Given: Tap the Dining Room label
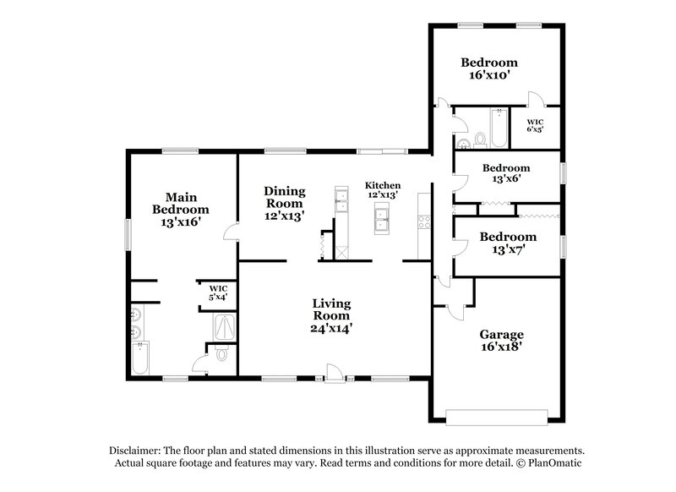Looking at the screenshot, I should pos(284,203).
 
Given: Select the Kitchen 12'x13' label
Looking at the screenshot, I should pos(383,190).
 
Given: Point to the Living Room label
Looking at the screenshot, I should pos(331,314).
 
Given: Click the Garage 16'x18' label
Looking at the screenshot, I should pos(503,342).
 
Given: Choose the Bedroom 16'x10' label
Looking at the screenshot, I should pos(489,68).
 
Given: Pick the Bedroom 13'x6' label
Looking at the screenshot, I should pos(506,173).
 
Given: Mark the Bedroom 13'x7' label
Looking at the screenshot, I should pos(508,243).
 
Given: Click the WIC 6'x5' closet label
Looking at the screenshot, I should pos(535,125).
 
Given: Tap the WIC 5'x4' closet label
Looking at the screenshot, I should pos(218,292).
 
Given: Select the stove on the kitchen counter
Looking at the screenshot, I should pos(424,223).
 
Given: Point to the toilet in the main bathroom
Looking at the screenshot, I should pos(222,355).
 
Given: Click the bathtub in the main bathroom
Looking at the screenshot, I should pos(140,357).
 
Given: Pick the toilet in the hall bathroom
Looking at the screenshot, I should pos(479,137).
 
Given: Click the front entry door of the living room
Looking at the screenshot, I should pos(335,373).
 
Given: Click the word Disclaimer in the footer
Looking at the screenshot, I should pos(136,451).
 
